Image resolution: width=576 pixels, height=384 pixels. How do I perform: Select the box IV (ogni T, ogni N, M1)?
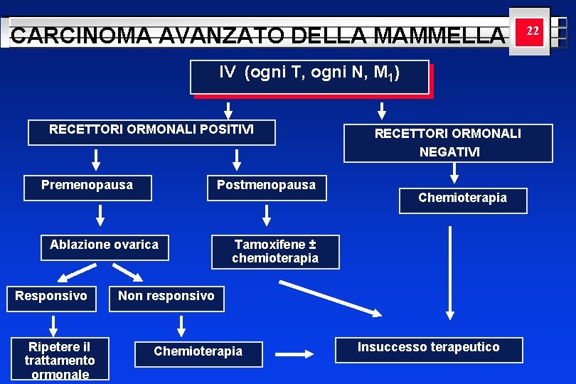pos(309,77)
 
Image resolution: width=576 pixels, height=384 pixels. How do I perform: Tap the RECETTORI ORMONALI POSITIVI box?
pos(151,132)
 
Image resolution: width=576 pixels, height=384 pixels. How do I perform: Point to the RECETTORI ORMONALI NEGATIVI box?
pos(448,143)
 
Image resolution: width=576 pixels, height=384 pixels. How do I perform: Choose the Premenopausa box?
pos(87,187)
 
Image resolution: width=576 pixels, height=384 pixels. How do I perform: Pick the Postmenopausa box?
pos(267,187)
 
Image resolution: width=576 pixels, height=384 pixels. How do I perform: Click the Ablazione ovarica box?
pos(105,247)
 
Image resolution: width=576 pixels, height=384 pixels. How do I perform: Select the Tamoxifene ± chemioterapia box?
pos(275,252)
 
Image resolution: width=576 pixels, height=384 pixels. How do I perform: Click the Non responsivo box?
pos(166,297)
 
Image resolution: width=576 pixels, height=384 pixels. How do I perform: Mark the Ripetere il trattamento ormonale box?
pos(60,358)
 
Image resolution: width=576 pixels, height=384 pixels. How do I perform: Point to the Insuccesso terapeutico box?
pos(429,349)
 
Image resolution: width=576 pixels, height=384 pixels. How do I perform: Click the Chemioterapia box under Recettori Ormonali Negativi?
pos(463,200)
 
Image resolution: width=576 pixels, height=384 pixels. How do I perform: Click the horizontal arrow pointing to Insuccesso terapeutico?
pos(294,353)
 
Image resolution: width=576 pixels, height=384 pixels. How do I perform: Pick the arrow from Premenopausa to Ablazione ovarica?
pos(100,215)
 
